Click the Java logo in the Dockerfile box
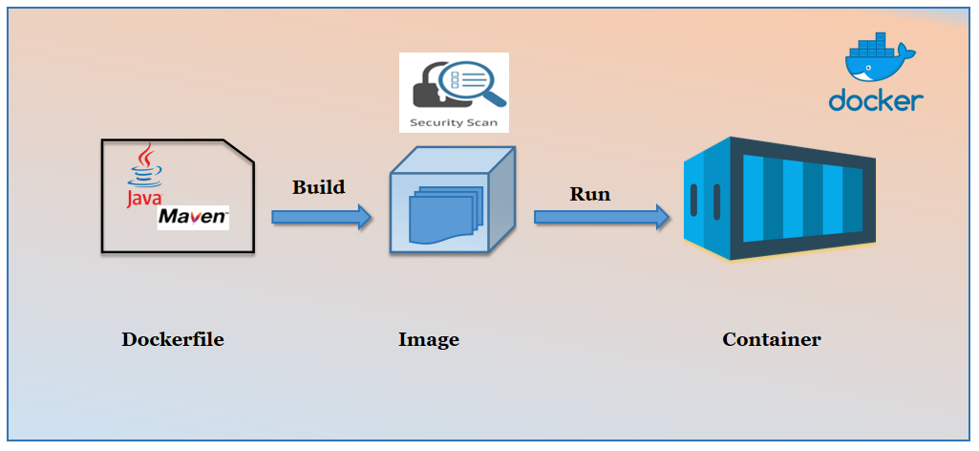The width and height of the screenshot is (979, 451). click(x=143, y=177)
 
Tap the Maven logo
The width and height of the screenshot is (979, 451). click(x=193, y=217)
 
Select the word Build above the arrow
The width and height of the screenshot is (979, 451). click(x=318, y=186)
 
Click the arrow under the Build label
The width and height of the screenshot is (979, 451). click(x=321, y=217)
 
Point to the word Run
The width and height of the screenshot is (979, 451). click(x=589, y=193)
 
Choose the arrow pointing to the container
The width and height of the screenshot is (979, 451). click(x=601, y=217)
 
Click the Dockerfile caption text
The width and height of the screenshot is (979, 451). click(x=172, y=339)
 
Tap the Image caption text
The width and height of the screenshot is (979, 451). click(x=428, y=339)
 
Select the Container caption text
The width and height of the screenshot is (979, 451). click(x=771, y=339)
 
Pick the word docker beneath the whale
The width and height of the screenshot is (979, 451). click(x=876, y=100)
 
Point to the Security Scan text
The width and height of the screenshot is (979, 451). click(x=453, y=122)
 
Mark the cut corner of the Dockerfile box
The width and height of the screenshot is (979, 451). click(x=240, y=153)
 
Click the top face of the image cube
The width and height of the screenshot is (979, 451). click(x=454, y=160)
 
